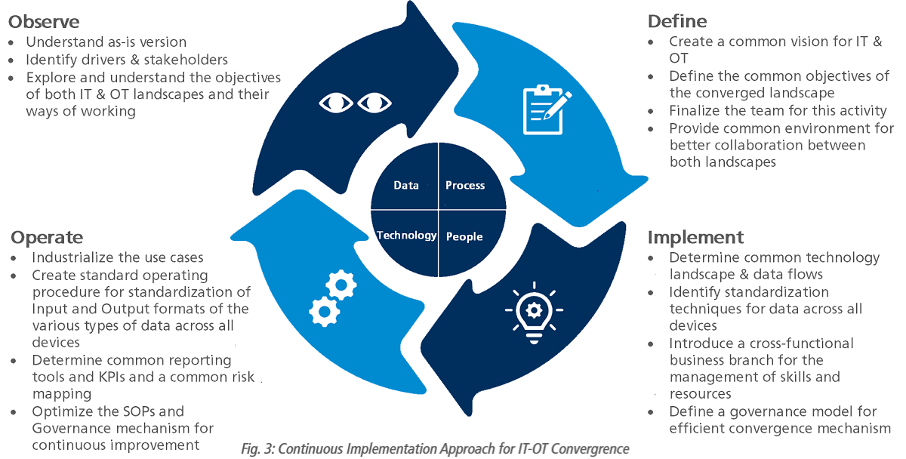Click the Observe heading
(x=44, y=21)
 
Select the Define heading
(x=677, y=21)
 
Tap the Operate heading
(x=47, y=238)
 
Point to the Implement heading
(x=695, y=237)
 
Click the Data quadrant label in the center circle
(x=406, y=185)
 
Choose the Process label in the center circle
(x=465, y=185)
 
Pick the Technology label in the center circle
(x=406, y=236)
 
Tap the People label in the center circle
(x=464, y=236)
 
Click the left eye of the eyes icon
(x=336, y=102)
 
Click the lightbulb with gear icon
(x=533, y=310)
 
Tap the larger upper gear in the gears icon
(x=341, y=285)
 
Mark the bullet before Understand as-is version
(x=11, y=42)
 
